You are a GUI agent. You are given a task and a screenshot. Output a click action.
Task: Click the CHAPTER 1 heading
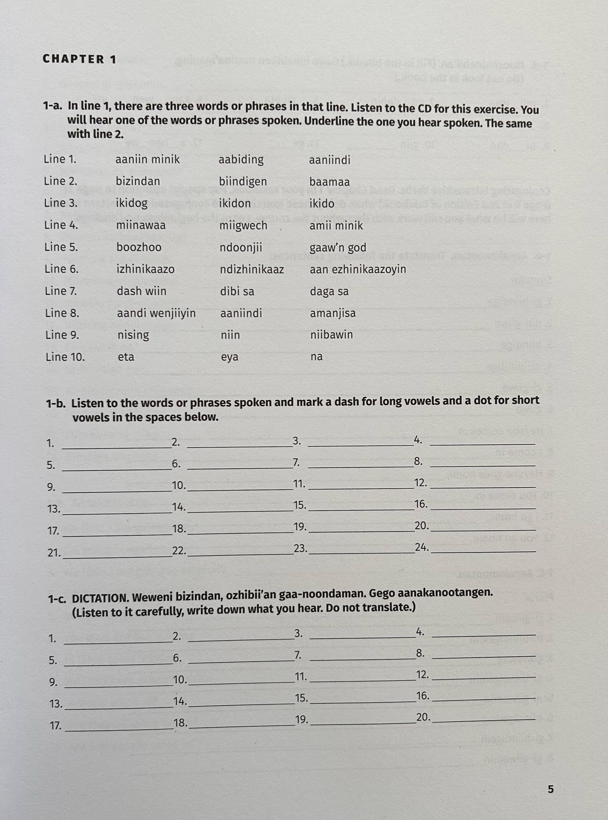(80, 59)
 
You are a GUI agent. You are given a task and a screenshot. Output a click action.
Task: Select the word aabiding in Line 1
(241, 159)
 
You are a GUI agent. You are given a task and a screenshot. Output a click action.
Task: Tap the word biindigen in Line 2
(243, 182)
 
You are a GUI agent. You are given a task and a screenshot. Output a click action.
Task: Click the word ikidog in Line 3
(132, 203)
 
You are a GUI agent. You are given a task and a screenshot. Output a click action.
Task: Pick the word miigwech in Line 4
(243, 226)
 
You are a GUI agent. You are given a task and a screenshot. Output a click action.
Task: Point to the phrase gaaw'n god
(338, 248)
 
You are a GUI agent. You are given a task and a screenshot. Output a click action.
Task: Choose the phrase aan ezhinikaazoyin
(358, 270)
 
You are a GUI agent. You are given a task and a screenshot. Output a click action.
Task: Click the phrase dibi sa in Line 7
(237, 292)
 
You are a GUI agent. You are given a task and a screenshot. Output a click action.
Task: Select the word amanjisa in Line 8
(333, 313)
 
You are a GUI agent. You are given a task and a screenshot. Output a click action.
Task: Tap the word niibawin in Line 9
(331, 335)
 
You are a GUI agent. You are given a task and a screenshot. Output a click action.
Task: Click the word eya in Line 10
(230, 357)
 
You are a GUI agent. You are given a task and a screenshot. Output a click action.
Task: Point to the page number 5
(551, 790)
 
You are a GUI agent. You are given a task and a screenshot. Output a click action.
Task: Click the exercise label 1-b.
(56, 404)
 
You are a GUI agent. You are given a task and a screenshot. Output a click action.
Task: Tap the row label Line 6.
(62, 269)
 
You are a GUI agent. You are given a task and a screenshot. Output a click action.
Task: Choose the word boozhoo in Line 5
(139, 248)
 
